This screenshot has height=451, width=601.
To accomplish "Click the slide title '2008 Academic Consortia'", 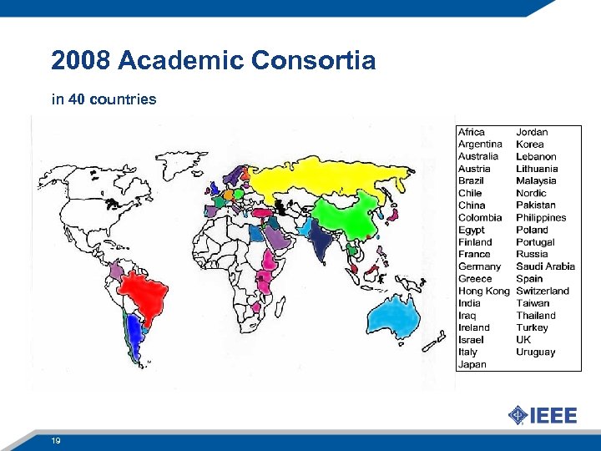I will tap(213, 61).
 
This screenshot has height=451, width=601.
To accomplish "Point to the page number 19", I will tap(56, 440).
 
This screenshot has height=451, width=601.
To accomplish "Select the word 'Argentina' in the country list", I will tap(480, 144).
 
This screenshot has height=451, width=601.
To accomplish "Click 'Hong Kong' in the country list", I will tap(483, 291).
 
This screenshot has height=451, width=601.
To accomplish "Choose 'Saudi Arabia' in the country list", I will tap(545, 266).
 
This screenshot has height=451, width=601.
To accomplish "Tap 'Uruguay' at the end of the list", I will tap(535, 352).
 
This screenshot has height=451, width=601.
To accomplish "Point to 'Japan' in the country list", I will tap(472, 364).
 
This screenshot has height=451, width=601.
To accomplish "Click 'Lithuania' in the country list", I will tap(537, 169).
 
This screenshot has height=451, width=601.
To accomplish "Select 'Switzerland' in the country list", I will tap(543, 291).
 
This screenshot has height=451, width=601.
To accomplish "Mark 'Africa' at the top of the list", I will tap(472, 132).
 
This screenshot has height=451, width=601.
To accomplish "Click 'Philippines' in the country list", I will tap(541, 217).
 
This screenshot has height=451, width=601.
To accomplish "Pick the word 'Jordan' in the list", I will tap(532, 132).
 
